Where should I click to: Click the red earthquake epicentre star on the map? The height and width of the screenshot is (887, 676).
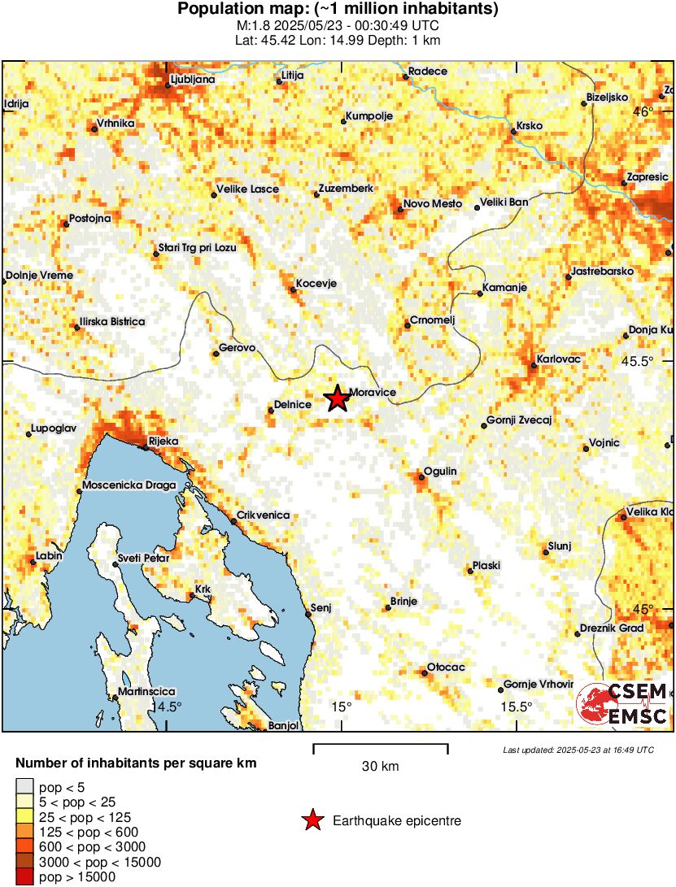point(336,399)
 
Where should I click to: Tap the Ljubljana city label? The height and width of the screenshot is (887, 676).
point(191,80)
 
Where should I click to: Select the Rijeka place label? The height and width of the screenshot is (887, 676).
point(163,441)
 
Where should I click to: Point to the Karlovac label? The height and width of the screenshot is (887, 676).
point(558,358)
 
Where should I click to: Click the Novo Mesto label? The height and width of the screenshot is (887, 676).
point(433,203)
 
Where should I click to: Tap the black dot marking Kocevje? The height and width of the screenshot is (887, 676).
point(294,289)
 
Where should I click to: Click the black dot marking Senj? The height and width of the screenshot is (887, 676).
point(308,615)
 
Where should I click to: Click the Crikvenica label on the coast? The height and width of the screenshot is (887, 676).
point(262,515)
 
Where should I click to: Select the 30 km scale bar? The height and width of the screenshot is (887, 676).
point(380,746)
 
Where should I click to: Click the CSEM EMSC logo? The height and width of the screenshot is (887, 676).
point(622,703)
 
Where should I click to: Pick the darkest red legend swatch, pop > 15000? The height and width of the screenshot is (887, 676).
point(24,876)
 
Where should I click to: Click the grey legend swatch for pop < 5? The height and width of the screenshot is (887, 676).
point(24,786)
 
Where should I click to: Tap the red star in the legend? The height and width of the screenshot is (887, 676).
point(312,821)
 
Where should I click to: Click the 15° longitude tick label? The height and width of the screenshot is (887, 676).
point(341,707)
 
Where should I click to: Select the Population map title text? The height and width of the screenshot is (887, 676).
point(338,9)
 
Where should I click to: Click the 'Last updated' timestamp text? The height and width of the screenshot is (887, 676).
point(578,750)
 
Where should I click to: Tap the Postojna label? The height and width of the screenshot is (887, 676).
point(90,219)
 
